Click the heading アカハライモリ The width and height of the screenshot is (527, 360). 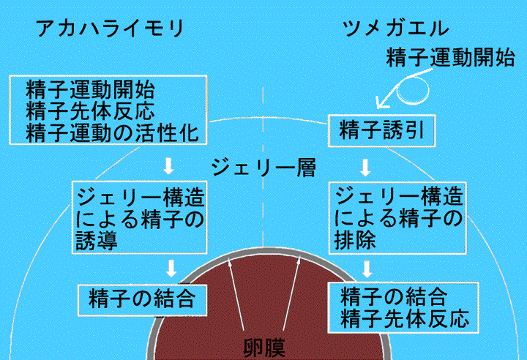coord(108,29)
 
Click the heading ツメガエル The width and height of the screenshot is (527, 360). coord(395,29)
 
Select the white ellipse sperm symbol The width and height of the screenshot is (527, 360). coord(414,91)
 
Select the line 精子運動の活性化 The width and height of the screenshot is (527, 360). coord(112,134)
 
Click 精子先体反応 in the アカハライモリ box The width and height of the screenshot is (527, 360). coord(91,112)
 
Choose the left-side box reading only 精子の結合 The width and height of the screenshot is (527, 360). coord(141,298)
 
